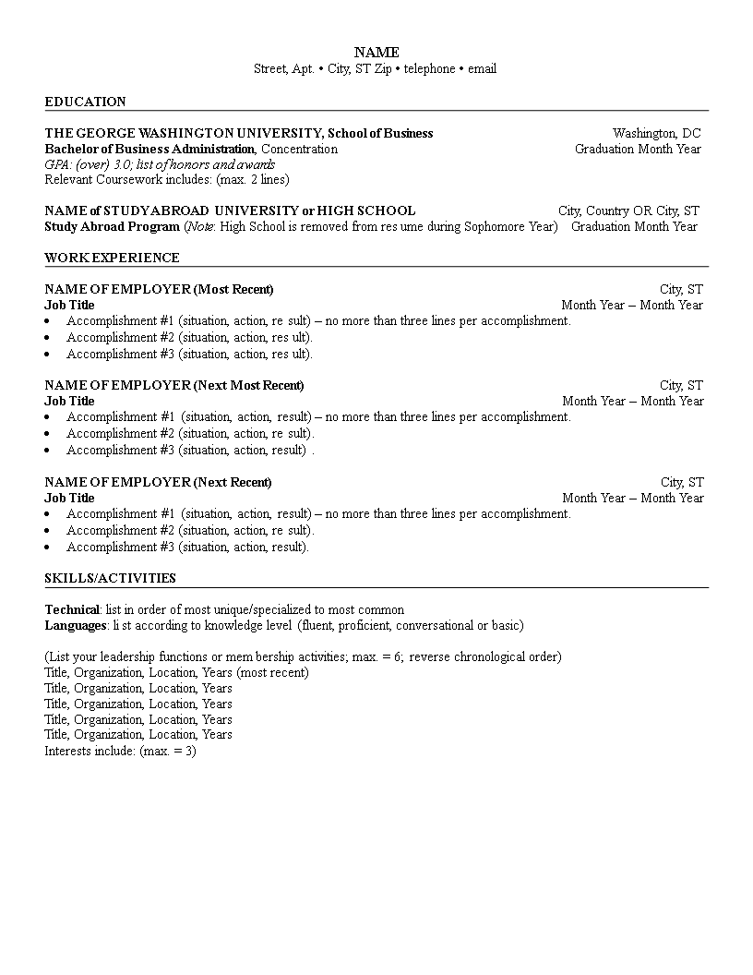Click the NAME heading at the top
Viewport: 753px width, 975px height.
pos(376,53)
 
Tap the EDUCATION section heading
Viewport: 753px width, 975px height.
pos(86,102)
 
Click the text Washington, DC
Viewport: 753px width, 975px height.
pos(656,133)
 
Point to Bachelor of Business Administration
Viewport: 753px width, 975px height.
pos(149,149)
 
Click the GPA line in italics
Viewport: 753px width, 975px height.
pos(160,164)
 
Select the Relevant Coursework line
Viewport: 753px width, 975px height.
pos(166,179)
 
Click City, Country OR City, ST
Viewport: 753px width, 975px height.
pos(628,211)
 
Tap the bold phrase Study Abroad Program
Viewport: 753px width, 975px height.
pos(112,226)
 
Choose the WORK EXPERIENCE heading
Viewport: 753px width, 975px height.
pos(112,258)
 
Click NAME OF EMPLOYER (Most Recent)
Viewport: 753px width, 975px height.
pos(159,289)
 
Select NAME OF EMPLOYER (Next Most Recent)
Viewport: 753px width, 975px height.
pos(173,385)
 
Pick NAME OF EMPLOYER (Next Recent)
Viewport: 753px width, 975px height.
pos(158,482)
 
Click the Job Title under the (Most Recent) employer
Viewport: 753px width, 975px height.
pos(69,305)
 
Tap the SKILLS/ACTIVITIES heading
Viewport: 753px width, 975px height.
pos(110,578)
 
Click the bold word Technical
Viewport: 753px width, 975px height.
pos(72,609)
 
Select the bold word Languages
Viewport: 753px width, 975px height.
pos(76,625)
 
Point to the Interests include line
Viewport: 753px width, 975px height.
pos(120,751)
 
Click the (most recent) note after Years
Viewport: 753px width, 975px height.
pos(272,672)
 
